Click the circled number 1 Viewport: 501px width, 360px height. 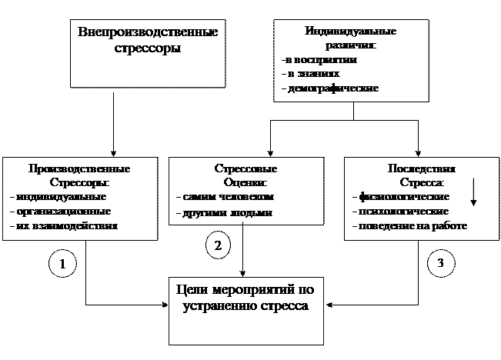[63, 264]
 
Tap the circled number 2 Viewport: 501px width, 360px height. [218, 245]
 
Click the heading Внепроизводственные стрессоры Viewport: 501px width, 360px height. [148, 40]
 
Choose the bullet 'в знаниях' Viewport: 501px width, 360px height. [312, 75]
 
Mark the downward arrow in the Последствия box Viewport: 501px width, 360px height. [473, 192]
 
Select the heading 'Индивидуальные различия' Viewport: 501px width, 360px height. [350, 39]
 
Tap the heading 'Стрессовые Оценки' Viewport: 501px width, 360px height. [245, 175]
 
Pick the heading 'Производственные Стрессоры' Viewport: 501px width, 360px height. [78, 175]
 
